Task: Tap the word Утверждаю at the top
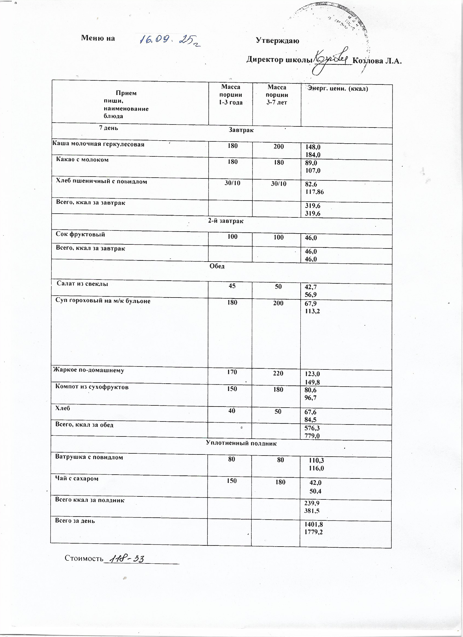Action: (278, 41)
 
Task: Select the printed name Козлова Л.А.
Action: (377, 61)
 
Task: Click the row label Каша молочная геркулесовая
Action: (99, 144)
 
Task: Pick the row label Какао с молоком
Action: (82, 160)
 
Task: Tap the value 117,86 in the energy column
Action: (315, 192)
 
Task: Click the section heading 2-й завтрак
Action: (226, 221)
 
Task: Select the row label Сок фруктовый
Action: (80, 234)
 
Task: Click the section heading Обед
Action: (217, 266)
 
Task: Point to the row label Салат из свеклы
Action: (83, 284)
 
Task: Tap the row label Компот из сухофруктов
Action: (92, 387)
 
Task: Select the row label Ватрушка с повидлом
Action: (89, 457)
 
